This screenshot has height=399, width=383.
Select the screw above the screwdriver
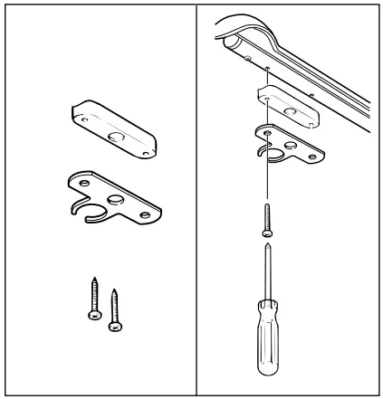point(266,217)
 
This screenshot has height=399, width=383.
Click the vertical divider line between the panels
point(196,199)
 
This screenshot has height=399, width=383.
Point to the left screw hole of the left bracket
point(82,183)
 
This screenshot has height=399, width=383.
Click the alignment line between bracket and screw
point(266,181)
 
